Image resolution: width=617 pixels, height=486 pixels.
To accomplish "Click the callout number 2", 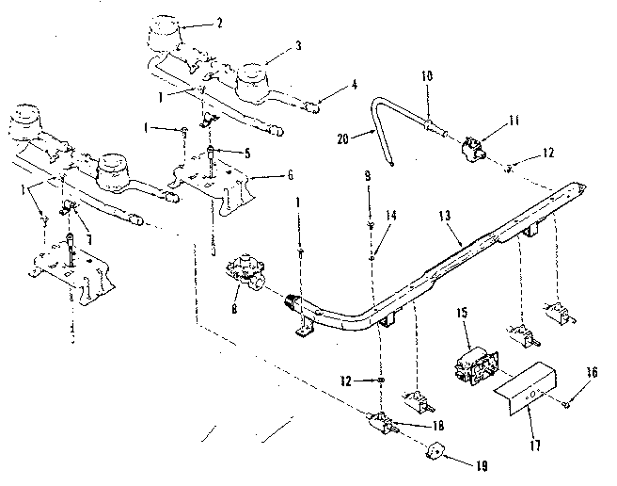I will [x=220, y=22].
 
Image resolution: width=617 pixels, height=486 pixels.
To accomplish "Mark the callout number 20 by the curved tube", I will [x=342, y=138].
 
